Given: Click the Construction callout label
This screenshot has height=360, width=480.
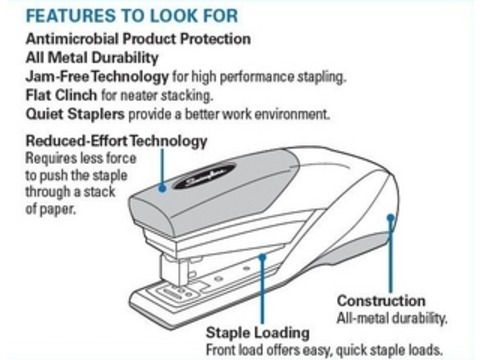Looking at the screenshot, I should [381, 300].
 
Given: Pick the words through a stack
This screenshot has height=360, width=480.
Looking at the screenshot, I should [62, 194].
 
